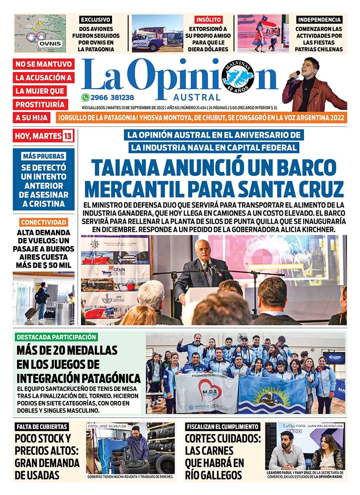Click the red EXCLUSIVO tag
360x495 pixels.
click(95, 19)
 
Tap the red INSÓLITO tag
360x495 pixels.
click(208, 19)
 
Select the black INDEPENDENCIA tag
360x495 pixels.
click(319, 19)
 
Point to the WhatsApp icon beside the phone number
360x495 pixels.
click(85, 97)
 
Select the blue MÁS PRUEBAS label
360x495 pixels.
click(43, 156)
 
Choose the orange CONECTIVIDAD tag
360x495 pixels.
click(44, 222)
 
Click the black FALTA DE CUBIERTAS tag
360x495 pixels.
click(42, 427)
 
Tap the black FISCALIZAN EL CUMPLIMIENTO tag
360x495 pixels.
click(222, 427)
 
